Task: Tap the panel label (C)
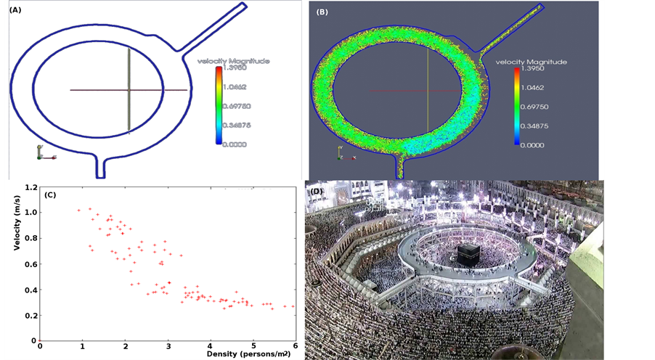tap(49, 194)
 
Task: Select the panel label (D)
tap(317, 192)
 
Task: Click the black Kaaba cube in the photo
tap(468, 253)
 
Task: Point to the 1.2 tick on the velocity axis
tap(30, 187)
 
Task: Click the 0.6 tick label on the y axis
tap(30, 263)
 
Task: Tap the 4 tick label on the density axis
tap(210, 346)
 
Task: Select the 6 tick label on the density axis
tap(294, 346)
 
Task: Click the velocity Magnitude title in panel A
tap(234, 61)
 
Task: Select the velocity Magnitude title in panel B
tap(532, 62)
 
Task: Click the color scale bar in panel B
tap(516, 107)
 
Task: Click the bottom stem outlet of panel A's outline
tap(102, 165)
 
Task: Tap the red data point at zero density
tap(40, 340)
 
